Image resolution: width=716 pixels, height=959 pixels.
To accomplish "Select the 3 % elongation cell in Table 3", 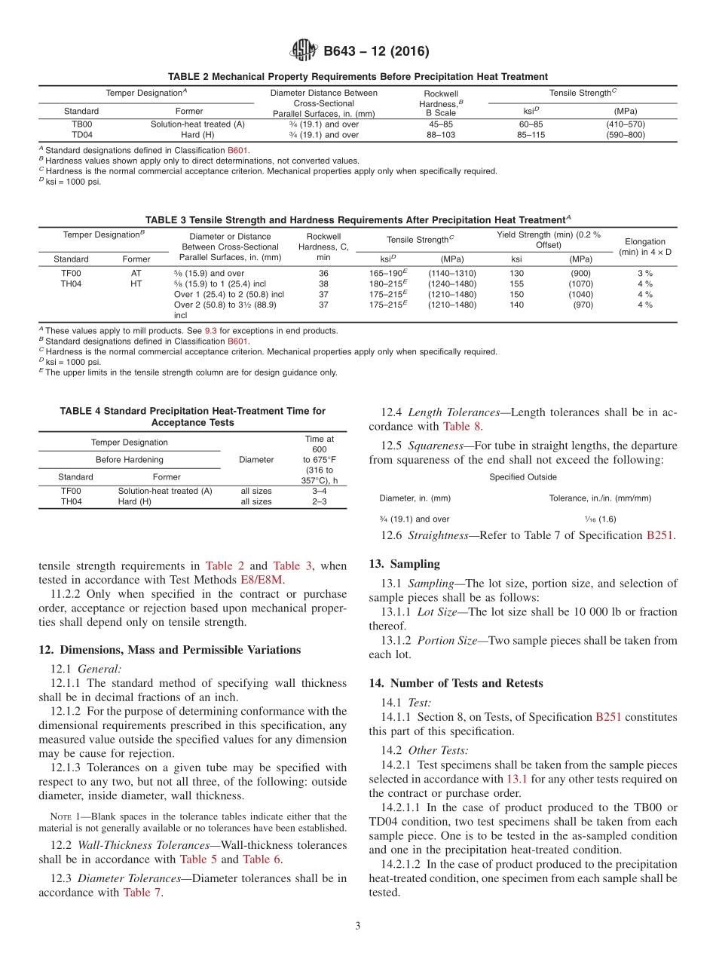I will tap(644, 273).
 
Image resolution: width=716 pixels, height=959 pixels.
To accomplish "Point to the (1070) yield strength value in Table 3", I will tap(580, 283).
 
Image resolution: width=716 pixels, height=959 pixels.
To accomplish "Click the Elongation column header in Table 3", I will tap(644, 247).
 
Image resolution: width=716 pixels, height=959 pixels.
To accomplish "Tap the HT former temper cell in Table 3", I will tap(136, 283).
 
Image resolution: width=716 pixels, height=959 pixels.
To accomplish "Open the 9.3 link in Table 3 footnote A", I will tap(210, 331).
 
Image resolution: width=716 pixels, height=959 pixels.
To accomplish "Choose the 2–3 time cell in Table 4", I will tap(319, 501).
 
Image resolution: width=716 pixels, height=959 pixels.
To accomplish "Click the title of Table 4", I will tap(192, 417).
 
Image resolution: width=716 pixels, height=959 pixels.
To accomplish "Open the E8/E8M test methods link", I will tap(263, 579).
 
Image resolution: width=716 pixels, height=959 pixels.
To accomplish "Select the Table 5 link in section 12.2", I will tap(198, 859).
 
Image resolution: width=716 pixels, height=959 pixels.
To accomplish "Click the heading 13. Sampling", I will tap(404, 564).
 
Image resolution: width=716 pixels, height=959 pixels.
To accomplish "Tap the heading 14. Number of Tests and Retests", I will tap(455, 683).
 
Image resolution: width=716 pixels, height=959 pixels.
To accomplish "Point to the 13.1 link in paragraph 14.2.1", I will tap(516, 779).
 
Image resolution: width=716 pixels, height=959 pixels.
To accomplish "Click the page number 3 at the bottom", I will tap(358, 926).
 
